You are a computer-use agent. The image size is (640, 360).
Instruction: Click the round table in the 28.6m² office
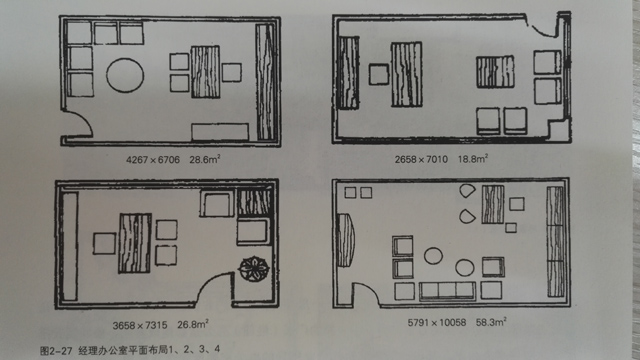[x=125, y=75]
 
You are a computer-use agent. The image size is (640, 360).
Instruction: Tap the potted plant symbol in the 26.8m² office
[x=254, y=269]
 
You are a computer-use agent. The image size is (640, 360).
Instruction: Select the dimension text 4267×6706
[x=153, y=160]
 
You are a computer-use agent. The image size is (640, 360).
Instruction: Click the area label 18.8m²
[x=473, y=158]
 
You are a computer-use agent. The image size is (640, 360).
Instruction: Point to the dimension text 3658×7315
[x=140, y=325]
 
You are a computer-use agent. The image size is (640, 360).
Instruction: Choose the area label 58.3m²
[x=491, y=322]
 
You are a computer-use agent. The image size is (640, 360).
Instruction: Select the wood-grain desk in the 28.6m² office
[x=205, y=72]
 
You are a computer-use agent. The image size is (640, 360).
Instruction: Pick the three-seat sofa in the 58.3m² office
[x=447, y=291]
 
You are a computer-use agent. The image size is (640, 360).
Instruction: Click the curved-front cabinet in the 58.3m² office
[x=345, y=240]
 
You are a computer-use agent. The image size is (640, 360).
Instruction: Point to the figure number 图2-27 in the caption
[x=56, y=350]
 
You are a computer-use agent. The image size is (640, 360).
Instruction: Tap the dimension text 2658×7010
[x=421, y=159]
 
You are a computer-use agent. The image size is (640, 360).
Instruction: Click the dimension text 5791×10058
[x=437, y=322]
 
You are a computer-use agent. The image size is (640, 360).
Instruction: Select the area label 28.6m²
[x=205, y=159]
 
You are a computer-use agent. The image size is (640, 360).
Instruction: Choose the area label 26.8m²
[x=193, y=324]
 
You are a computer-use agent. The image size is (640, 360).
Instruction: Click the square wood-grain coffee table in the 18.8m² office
[x=495, y=72]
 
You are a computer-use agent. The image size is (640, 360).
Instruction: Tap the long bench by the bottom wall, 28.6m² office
[x=220, y=132]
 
